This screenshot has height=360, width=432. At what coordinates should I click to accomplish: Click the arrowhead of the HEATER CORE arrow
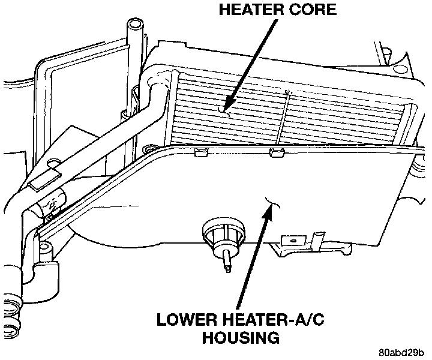tap(223, 109)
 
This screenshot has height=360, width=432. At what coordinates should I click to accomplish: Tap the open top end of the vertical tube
tap(136, 26)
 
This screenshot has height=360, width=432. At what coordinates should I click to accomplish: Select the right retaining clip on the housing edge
tap(276, 152)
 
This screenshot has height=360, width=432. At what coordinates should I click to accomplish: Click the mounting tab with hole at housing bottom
tap(293, 241)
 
